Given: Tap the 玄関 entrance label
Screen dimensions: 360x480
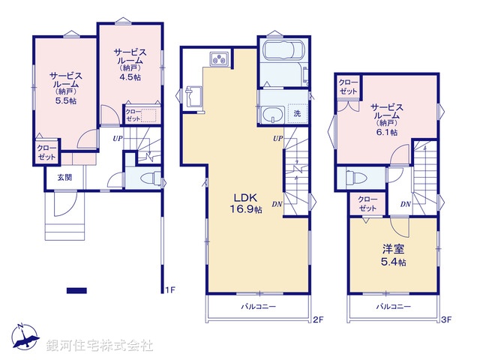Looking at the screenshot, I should pos(64,178).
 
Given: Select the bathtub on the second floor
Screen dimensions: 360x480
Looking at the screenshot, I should pos(281,55).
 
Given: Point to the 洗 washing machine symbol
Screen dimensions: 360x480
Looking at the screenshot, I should pos(297,112).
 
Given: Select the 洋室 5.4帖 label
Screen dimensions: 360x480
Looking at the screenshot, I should pos(391,256).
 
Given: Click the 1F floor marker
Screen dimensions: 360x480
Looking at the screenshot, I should pos(169,290).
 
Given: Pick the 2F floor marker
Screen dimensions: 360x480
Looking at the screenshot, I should pos(317,320).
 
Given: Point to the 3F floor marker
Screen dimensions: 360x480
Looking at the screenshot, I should pos(445,320).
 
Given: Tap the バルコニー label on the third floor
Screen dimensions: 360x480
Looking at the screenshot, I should pos(391,307).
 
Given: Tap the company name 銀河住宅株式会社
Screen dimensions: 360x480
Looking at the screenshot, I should pos(99,346).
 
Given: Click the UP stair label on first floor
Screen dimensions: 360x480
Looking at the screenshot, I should pos(118,139).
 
